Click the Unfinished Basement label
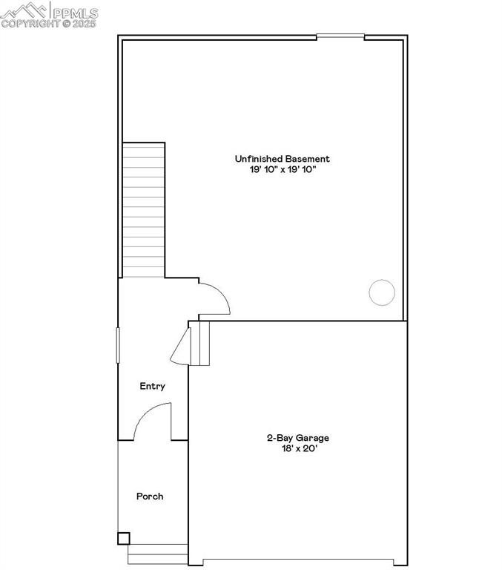pos(282,159)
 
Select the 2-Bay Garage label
pos(298,438)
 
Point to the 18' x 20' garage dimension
pos(298,448)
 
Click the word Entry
pos(153,387)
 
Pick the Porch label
pos(150,497)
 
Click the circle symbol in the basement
pos(382,292)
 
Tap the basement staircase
pos(143,211)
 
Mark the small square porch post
pos(124,538)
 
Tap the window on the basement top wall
pos(340,36)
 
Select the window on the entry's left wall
pos(118,345)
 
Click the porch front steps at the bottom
pos(158,554)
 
